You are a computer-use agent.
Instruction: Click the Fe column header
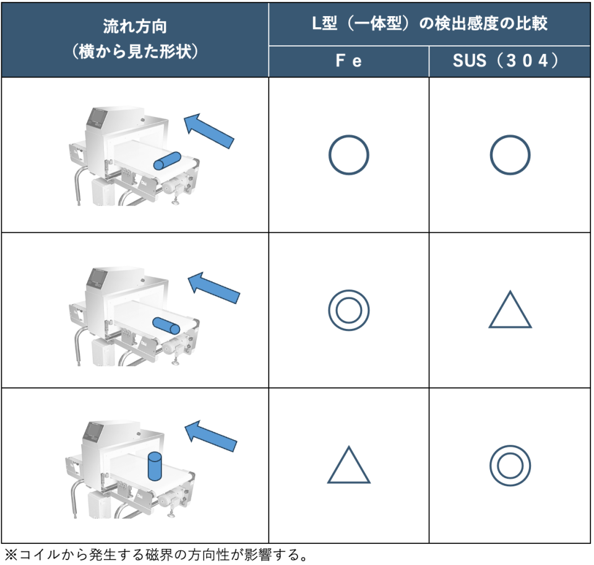tap(348, 61)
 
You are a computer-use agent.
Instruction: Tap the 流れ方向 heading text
tap(135, 27)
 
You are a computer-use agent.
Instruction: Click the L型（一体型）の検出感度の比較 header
tap(429, 24)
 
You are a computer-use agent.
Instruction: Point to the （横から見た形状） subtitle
tap(135, 51)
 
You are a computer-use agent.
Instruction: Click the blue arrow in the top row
tap(209, 131)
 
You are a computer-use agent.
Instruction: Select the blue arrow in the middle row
tap(213, 288)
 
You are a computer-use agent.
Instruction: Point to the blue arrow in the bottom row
tap(210, 436)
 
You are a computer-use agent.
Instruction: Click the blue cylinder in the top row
tap(167, 161)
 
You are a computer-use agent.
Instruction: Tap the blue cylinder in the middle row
tap(166, 326)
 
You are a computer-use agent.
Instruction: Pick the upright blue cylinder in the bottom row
tap(155, 466)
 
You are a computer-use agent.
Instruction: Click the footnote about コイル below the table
tap(156, 554)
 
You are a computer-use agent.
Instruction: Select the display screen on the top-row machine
tap(97, 117)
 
